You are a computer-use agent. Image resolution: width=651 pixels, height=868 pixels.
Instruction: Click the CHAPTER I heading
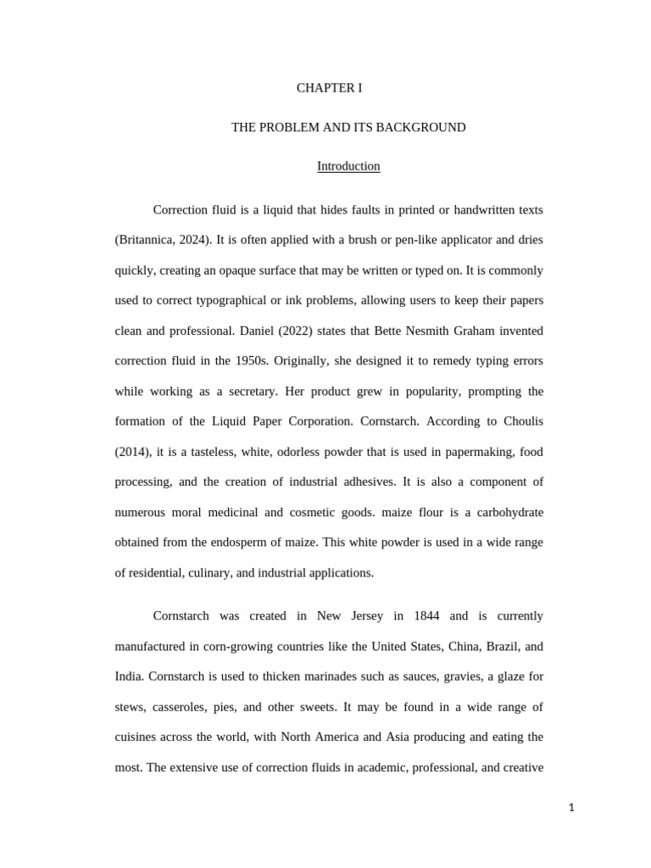point(329,88)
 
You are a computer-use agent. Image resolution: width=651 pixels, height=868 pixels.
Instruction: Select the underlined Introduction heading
point(348,166)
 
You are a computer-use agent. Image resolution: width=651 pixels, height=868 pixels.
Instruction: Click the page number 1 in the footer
point(571,808)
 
